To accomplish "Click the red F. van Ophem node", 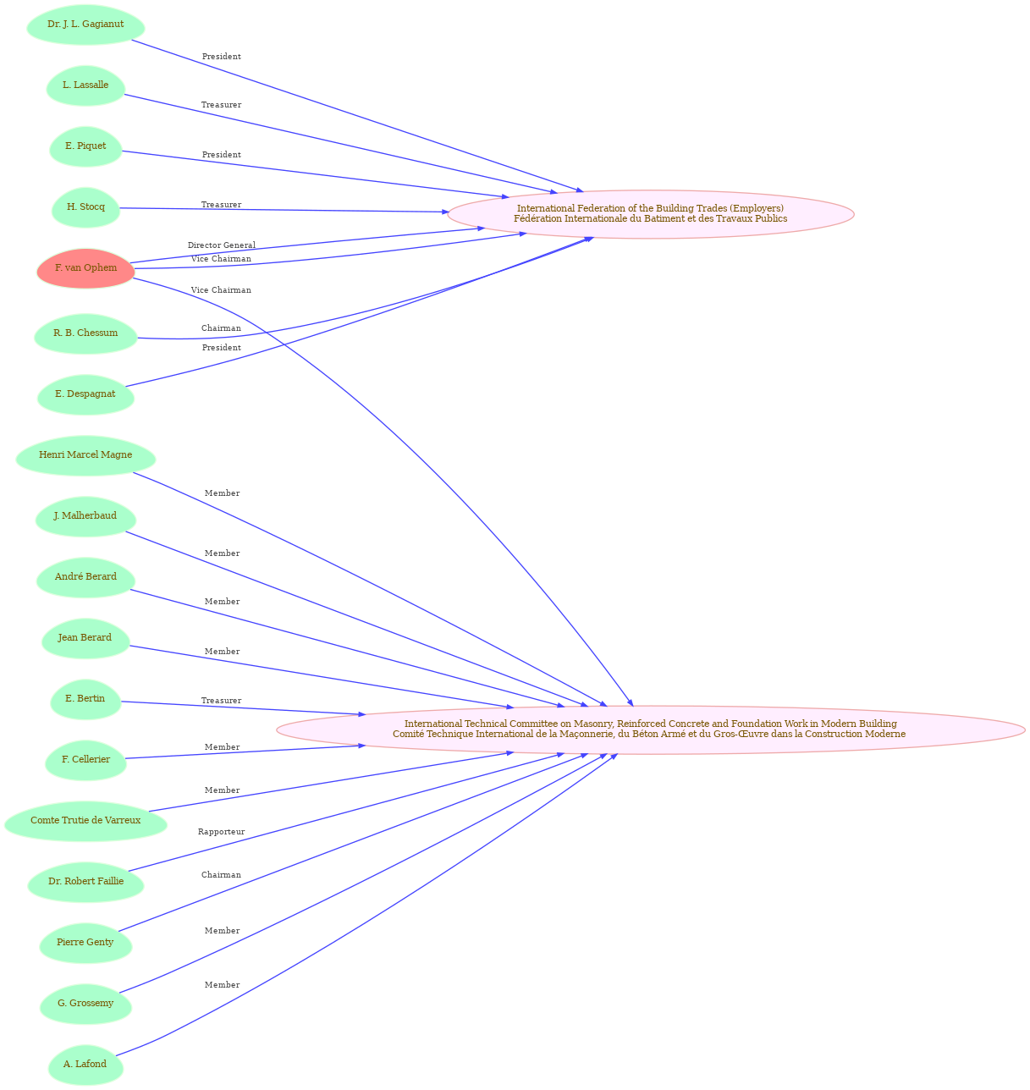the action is pyautogui.click(x=85, y=268).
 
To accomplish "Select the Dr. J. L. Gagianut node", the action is pyautogui.click(x=85, y=25).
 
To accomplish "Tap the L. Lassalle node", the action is pyautogui.click(x=85, y=85).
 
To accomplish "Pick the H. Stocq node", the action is pyautogui.click(x=85, y=207).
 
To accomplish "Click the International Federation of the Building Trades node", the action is pyautogui.click(x=651, y=214).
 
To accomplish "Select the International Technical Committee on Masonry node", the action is pyautogui.click(x=651, y=729).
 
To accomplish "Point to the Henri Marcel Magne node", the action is pyautogui.click(x=85, y=455).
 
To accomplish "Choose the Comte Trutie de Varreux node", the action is pyautogui.click(x=85, y=821).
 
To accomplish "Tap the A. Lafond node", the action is pyautogui.click(x=85, y=1065).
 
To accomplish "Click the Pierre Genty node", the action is pyautogui.click(x=85, y=943).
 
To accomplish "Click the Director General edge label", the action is pyautogui.click(x=222, y=245).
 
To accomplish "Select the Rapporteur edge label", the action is pyautogui.click(x=221, y=832).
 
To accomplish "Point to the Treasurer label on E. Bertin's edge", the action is pyautogui.click(x=221, y=701).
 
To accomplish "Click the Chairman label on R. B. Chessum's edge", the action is pyautogui.click(x=221, y=328).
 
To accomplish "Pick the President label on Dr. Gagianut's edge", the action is pyautogui.click(x=221, y=57).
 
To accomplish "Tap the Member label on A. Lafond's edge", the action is pyautogui.click(x=222, y=984).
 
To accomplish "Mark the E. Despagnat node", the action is pyautogui.click(x=85, y=394).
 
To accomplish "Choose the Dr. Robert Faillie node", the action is pyautogui.click(x=85, y=882).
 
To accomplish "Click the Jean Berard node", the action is pyautogui.click(x=85, y=638).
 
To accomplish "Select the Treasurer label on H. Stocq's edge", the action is pyautogui.click(x=221, y=205).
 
